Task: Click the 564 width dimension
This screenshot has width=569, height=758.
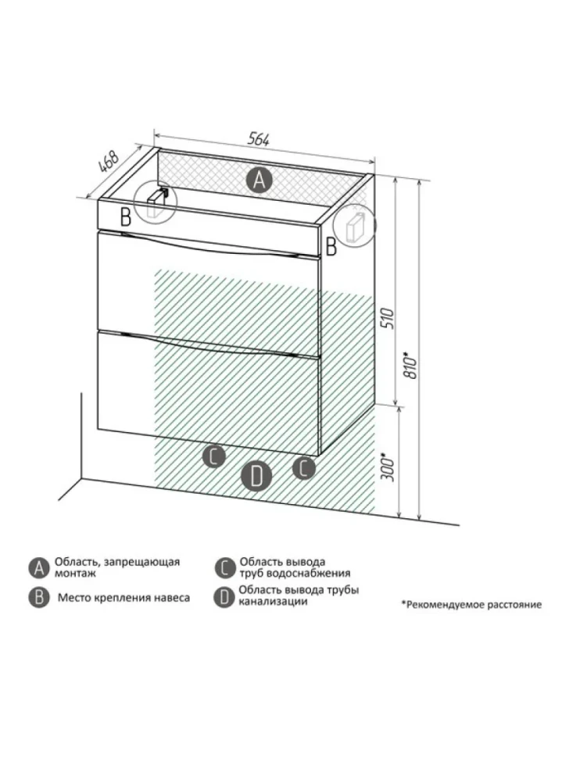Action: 258,139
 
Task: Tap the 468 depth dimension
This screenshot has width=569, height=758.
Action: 109,162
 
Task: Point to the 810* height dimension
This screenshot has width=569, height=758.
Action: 410,366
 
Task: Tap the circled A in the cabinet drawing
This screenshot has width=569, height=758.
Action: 259,181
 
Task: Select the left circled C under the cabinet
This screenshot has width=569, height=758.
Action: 213,456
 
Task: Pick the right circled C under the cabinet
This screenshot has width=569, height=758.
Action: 303,467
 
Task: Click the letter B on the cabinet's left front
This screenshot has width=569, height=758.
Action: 126,217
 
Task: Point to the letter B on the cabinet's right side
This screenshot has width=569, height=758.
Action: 331,246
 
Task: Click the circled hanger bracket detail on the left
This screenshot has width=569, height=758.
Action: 156,202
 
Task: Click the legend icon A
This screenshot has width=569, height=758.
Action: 38,567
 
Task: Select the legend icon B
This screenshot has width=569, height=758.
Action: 38,598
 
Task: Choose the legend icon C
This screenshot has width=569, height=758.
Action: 224,567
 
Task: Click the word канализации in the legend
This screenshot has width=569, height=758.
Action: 273,602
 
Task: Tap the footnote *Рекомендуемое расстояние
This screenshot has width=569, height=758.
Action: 471,604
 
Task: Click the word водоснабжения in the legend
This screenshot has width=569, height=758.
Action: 313,574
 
